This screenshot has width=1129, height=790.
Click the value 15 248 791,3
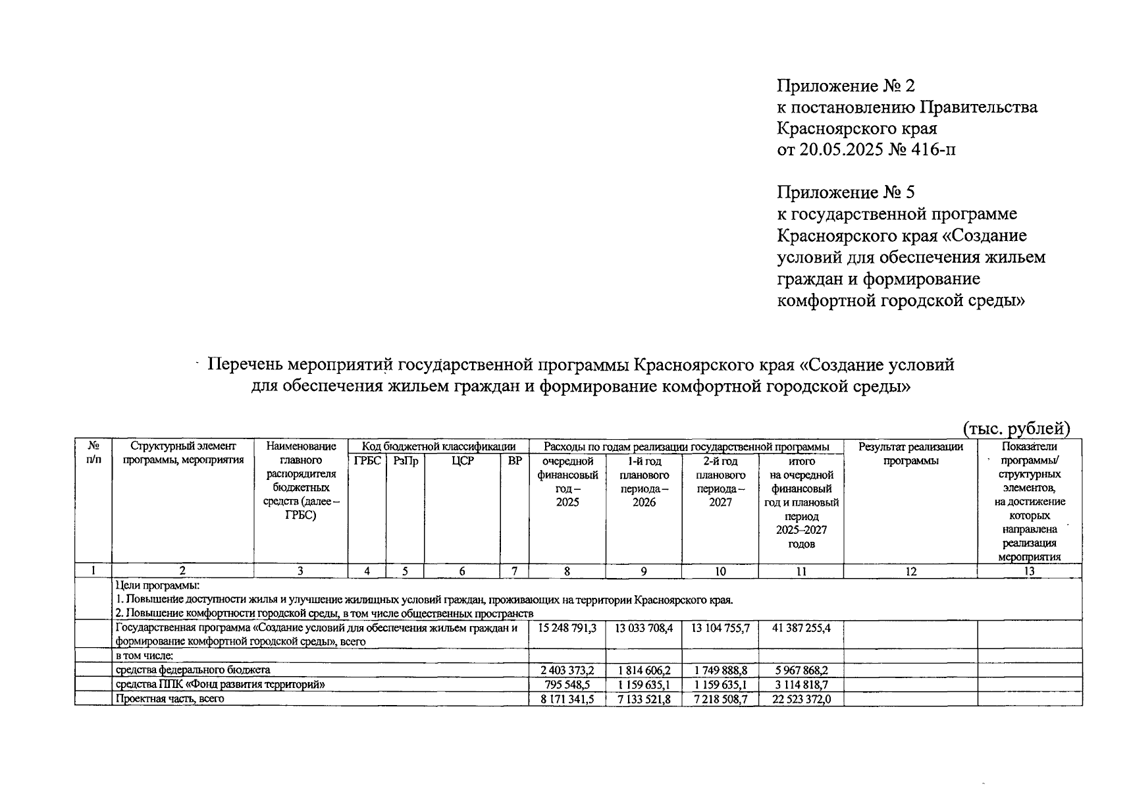pyautogui.click(x=567, y=628)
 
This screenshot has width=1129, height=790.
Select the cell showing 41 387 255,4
pyautogui.click(x=801, y=628)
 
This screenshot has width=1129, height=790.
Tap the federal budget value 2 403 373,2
pyautogui.click(x=567, y=670)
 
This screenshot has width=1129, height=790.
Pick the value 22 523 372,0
pyautogui.click(x=801, y=699)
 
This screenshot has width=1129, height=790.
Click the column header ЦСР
pyautogui.click(x=462, y=461)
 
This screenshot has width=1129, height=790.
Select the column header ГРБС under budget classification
pyautogui.click(x=367, y=461)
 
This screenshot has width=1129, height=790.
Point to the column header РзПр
pyautogui.click(x=406, y=461)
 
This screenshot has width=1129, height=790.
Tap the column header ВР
pyautogui.click(x=515, y=461)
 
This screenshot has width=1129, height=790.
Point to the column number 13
pyautogui.click(x=1029, y=571)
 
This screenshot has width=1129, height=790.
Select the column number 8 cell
pyautogui.click(x=567, y=571)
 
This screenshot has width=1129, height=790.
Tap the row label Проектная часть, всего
pyautogui.click(x=170, y=699)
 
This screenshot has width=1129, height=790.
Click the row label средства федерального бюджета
pyautogui.click(x=193, y=670)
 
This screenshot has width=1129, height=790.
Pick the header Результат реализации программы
pyautogui.click(x=910, y=454)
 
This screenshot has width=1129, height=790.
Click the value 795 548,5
pyautogui.click(x=567, y=685)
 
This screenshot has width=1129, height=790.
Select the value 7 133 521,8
pyautogui.click(x=644, y=699)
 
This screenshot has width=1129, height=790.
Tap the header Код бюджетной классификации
pyautogui.click(x=438, y=447)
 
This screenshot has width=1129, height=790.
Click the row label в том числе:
pyautogui.click(x=145, y=656)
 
